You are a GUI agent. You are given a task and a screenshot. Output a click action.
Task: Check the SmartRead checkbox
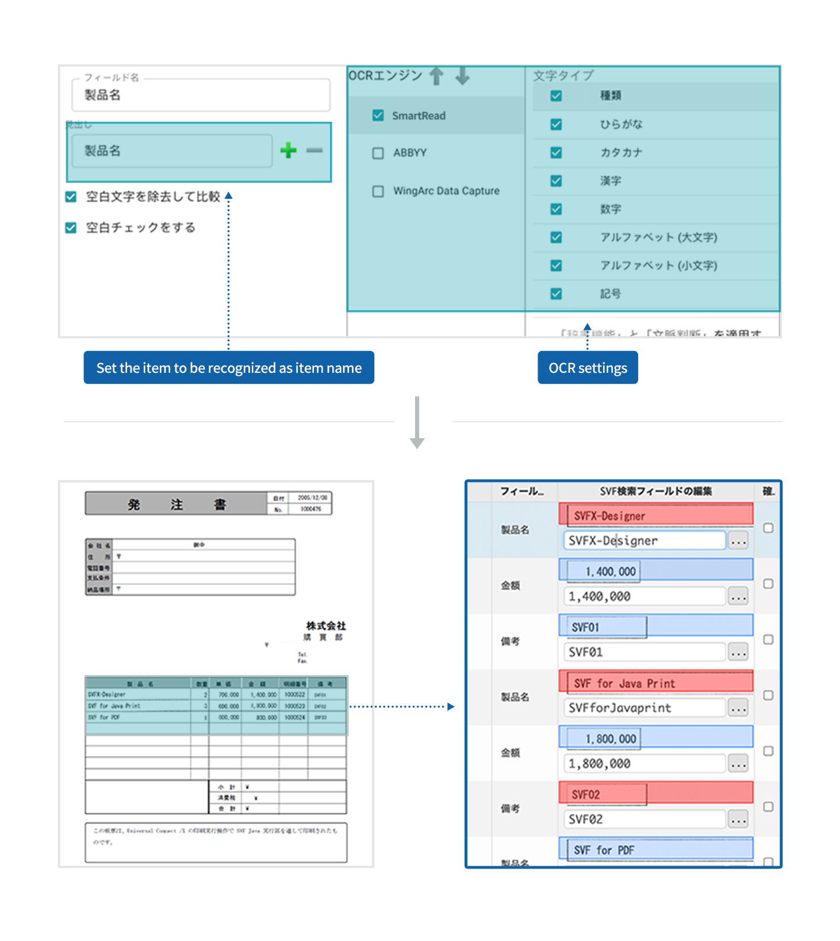tap(378, 115)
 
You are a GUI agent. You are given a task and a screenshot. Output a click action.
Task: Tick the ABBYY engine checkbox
tap(378, 153)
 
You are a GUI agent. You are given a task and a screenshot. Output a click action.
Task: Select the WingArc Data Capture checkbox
tap(378, 191)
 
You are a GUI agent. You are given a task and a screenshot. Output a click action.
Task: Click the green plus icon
tap(288, 151)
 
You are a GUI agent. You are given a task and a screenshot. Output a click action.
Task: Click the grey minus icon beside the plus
tap(314, 151)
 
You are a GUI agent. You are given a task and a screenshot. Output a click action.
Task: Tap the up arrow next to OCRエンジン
tap(437, 76)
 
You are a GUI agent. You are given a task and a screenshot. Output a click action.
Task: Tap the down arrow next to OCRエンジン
tap(463, 76)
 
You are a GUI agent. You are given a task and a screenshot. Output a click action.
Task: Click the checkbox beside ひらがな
tap(556, 124)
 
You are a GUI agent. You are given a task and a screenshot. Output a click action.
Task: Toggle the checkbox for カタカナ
tap(556, 152)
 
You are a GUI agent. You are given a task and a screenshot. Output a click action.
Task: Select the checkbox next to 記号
tap(556, 294)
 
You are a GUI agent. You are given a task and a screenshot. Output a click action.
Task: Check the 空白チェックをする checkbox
tap(71, 227)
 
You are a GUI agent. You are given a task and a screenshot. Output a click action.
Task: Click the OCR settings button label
tap(588, 368)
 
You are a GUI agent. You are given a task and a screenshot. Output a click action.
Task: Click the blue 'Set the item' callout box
tap(229, 368)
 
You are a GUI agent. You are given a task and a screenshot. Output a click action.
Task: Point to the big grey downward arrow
tap(417, 422)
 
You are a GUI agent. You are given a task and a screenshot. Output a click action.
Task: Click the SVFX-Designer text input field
tap(644, 541)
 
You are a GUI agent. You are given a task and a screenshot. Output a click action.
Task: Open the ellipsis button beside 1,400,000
tap(738, 597)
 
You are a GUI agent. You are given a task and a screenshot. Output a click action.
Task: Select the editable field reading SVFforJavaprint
tap(644, 708)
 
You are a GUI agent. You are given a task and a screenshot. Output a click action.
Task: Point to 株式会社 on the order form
tap(326, 626)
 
